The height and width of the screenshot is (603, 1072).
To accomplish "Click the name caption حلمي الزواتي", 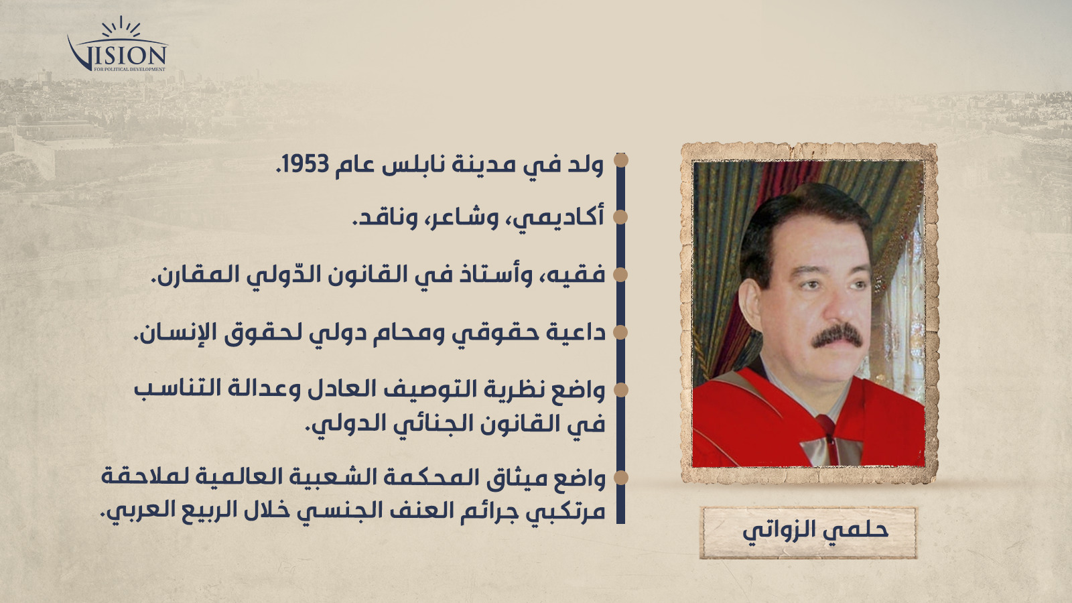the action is click(x=815, y=532).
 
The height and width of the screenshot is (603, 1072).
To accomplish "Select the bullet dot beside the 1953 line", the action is click(x=620, y=160).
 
